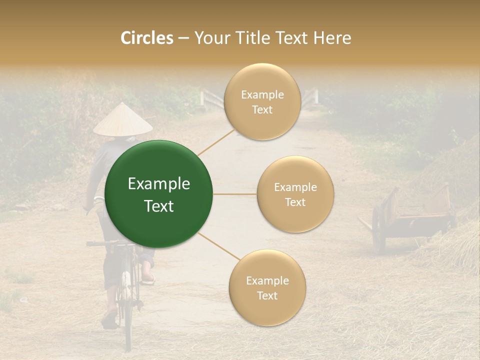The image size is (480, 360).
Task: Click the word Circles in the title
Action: click(x=147, y=38)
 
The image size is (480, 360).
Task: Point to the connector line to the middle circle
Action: click(x=235, y=194)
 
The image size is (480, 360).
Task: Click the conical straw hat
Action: click(x=122, y=120)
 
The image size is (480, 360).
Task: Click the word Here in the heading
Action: click(x=332, y=38)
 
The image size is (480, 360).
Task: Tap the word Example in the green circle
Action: click(x=159, y=184)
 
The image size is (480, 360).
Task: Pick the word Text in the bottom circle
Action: click(x=267, y=296)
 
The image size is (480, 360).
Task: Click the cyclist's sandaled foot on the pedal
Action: click(x=147, y=278)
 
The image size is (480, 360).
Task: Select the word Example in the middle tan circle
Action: click(x=295, y=187)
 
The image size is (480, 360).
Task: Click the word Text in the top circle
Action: click(x=262, y=110)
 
